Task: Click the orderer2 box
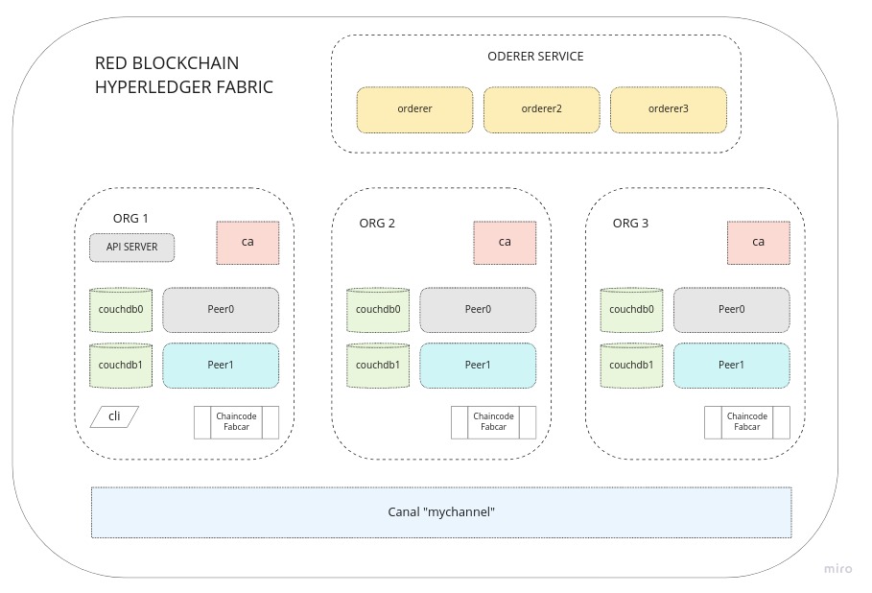[541, 109]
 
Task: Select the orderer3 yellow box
[669, 109]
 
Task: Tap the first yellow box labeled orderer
[414, 109]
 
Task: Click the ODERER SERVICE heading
[535, 57]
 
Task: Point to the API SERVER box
[131, 248]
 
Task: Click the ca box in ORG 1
[247, 243]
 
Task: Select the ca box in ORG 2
[505, 243]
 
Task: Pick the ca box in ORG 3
[758, 243]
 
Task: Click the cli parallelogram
[114, 416]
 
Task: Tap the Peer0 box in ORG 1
[221, 310]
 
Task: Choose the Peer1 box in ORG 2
[478, 366]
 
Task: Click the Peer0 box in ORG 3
[731, 310]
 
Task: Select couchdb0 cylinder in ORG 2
[378, 310]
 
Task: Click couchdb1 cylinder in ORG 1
[121, 366]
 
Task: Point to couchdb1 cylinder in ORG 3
[631, 366]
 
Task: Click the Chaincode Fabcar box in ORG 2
[494, 422]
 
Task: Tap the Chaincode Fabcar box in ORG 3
[747, 422]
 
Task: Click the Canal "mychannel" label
[440, 512]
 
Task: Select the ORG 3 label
[630, 224]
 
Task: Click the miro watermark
[837, 569]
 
